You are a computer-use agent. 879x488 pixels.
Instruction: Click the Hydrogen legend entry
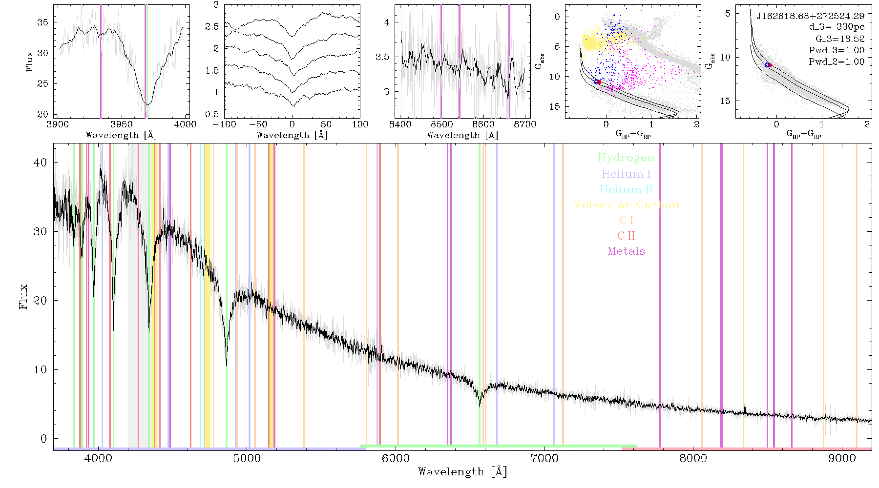[626, 158]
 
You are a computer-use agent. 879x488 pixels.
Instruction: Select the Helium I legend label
[626, 174]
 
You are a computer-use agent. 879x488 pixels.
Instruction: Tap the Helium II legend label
[626, 189]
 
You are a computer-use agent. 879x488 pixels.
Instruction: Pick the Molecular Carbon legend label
[626, 205]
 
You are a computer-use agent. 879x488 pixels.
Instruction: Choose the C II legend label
[626, 236]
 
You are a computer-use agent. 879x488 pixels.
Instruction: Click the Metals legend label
[626, 251]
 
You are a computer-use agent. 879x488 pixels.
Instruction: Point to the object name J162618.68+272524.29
[811, 16]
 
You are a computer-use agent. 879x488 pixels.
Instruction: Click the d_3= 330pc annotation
[837, 27]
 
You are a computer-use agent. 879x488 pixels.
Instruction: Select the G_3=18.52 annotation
[840, 39]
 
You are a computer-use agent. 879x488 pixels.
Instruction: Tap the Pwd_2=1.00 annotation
[837, 62]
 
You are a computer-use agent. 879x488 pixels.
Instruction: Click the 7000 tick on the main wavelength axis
[544, 458]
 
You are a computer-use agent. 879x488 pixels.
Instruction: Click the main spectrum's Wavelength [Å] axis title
[462, 472]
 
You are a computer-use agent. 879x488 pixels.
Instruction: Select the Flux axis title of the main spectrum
[23, 296]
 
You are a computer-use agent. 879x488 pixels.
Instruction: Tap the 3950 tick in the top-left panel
[122, 124]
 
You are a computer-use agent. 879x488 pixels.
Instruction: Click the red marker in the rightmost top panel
[770, 65]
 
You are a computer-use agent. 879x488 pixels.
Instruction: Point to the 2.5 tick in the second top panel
[212, 27]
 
